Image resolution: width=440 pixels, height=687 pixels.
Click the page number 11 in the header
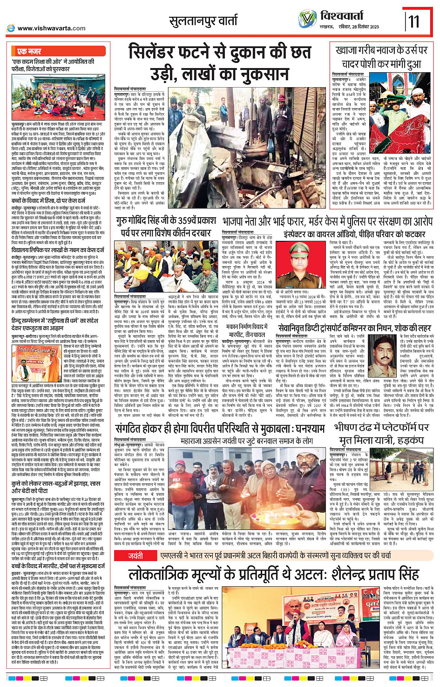(x=414, y=21)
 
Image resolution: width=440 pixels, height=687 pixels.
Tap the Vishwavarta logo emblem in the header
(x=307, y=19)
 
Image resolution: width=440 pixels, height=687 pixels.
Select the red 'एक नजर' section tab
(x=29, y=52)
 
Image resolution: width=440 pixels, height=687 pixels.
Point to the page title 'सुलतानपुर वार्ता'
(x=204, y=21)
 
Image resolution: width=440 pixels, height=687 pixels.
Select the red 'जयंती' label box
(x=136, y=556)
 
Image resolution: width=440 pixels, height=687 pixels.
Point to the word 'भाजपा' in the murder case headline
(x=237, y=221)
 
